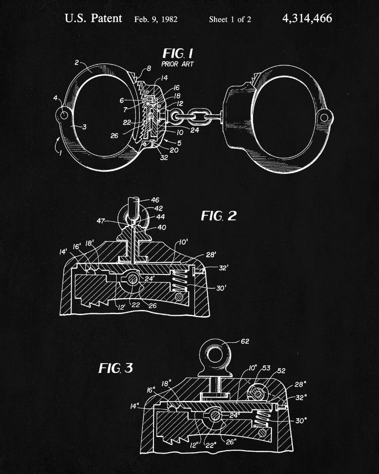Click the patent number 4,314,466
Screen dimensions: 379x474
(x=307, y=19)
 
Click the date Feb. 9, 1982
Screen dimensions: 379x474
(x=156, y=19)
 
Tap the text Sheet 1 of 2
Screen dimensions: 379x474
(x=230, y=19)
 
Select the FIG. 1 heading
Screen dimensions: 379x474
(x=178, y=54)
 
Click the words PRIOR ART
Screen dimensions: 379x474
(x=177, y=64)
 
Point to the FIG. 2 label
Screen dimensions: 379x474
(x=219, y=216)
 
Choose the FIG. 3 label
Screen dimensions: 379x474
(x=116, y=368)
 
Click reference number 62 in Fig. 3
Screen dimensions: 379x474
(x=245, y=341)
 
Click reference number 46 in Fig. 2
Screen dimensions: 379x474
(x=155, y=200)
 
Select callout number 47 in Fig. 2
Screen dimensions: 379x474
(x=101, y=221)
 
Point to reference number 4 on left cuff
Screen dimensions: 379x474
(x=55, y=98)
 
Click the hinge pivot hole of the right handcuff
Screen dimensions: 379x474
(x=324, y=117)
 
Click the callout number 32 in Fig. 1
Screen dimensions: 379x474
(x=164, y=157)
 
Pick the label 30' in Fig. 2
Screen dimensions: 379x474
(x=221, y=288)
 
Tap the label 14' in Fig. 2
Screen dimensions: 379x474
(x=63, y=252)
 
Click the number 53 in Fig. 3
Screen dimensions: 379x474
(x=266, y=368)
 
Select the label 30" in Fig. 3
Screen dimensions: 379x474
(x=301, y=420)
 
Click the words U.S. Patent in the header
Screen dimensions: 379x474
(x=93, y=19)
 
